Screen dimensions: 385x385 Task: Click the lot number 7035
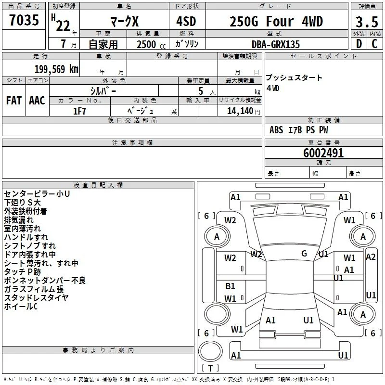tap(24, 20)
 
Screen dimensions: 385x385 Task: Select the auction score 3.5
tap(367, 22)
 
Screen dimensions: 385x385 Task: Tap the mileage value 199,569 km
tap(56, 69)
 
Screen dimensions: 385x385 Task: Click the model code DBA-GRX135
tap(276, 44)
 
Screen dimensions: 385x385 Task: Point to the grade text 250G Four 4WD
tap(276, 22)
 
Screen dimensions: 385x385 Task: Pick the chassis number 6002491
tap(323, 153)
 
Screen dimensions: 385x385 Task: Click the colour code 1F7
tap(79, 111)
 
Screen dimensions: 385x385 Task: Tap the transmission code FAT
tap(14, 101)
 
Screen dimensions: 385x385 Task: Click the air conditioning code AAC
tap(37, 101)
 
